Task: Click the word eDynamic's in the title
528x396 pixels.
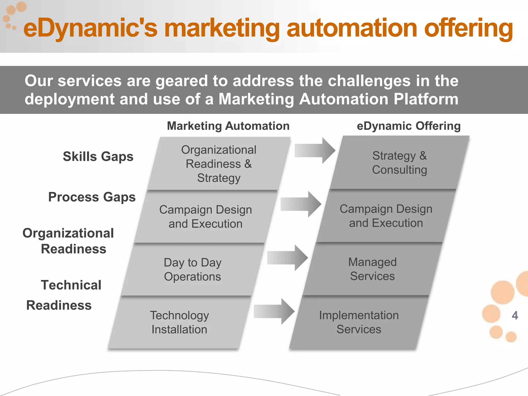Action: (90, 28)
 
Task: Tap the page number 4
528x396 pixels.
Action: (515, 315)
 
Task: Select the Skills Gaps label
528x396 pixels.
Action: (98, 156)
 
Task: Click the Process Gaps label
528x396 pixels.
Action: (92, 197)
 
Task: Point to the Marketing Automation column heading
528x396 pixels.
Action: (228, 126)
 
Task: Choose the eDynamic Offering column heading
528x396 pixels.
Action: (409, 126)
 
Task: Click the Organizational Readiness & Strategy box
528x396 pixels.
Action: (219, 164)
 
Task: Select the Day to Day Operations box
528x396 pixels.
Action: (193, 269)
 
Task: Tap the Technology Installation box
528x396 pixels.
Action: (179, 322)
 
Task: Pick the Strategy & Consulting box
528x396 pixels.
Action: (400, 163)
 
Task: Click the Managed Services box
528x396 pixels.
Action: (373, 269)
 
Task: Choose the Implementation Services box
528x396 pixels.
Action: (359, 322)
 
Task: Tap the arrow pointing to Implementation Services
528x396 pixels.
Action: (274, 311)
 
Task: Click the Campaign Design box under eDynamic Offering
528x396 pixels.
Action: (386, 216)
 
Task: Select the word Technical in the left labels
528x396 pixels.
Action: (71, 285)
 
